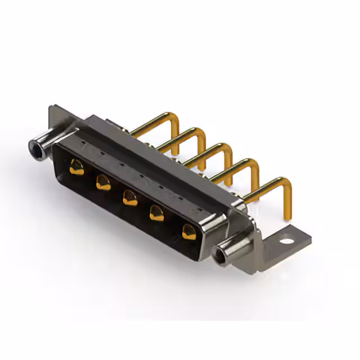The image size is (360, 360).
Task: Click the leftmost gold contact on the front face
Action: (x=76, y=167)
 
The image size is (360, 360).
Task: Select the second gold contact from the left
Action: (x=103, y=182)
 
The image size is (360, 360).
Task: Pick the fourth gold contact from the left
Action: (x=157, y=213)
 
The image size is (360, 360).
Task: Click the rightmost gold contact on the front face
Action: (x=189, y=231)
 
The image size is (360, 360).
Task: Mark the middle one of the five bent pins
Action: (x=214, y=152)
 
